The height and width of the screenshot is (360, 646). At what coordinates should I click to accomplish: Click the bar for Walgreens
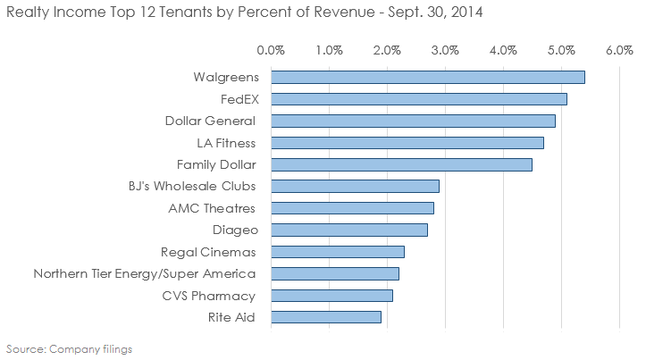pyautogui.click(x=427, y=77)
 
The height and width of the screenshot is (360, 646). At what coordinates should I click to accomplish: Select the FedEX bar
pyautogui.click(x=418, y=98)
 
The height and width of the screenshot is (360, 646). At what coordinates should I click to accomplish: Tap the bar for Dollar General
pyautogui.click(x=413, y=121)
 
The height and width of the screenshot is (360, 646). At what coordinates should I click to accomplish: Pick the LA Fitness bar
pyautogui.click(x=407, y=142)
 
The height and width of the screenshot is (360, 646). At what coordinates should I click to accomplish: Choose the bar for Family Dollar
pyautogui.click(x=401, y=164)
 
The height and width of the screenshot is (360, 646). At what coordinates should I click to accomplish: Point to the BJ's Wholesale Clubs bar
pyautogui.click(x=355, y=186)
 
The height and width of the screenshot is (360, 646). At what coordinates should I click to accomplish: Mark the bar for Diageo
pyautogui.click(x=348, y=230)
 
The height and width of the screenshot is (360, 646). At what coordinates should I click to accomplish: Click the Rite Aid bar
pyautogui.click(x=325, y=317)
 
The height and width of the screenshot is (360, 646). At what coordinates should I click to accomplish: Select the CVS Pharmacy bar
pyautogui.click(x=331, y=296)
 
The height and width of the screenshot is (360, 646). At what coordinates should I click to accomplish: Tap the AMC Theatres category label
pyautogui.click(x=212, y=208)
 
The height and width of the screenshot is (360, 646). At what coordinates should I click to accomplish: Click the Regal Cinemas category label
pyautogui.click(x=207, y=252)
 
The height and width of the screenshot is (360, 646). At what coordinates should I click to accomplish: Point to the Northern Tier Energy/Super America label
pyautogui.click(x=144, y=273)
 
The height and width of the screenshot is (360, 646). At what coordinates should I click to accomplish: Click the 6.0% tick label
pyautogui.click(x=619, y=50)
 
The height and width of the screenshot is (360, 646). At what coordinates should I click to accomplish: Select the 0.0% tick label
pyautogui.click(x=270, y=50)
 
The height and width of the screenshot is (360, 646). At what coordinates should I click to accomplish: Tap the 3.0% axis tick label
pyautogui.click(x=445, y=50)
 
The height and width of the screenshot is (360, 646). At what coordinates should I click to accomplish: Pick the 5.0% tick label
pyautogui.click(x=561, y=50)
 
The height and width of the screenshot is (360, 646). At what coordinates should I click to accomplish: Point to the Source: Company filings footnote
pyautogui.click(x=69, y=348)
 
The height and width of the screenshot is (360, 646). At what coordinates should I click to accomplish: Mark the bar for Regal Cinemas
pyautogui.click(x=337, y=252)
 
